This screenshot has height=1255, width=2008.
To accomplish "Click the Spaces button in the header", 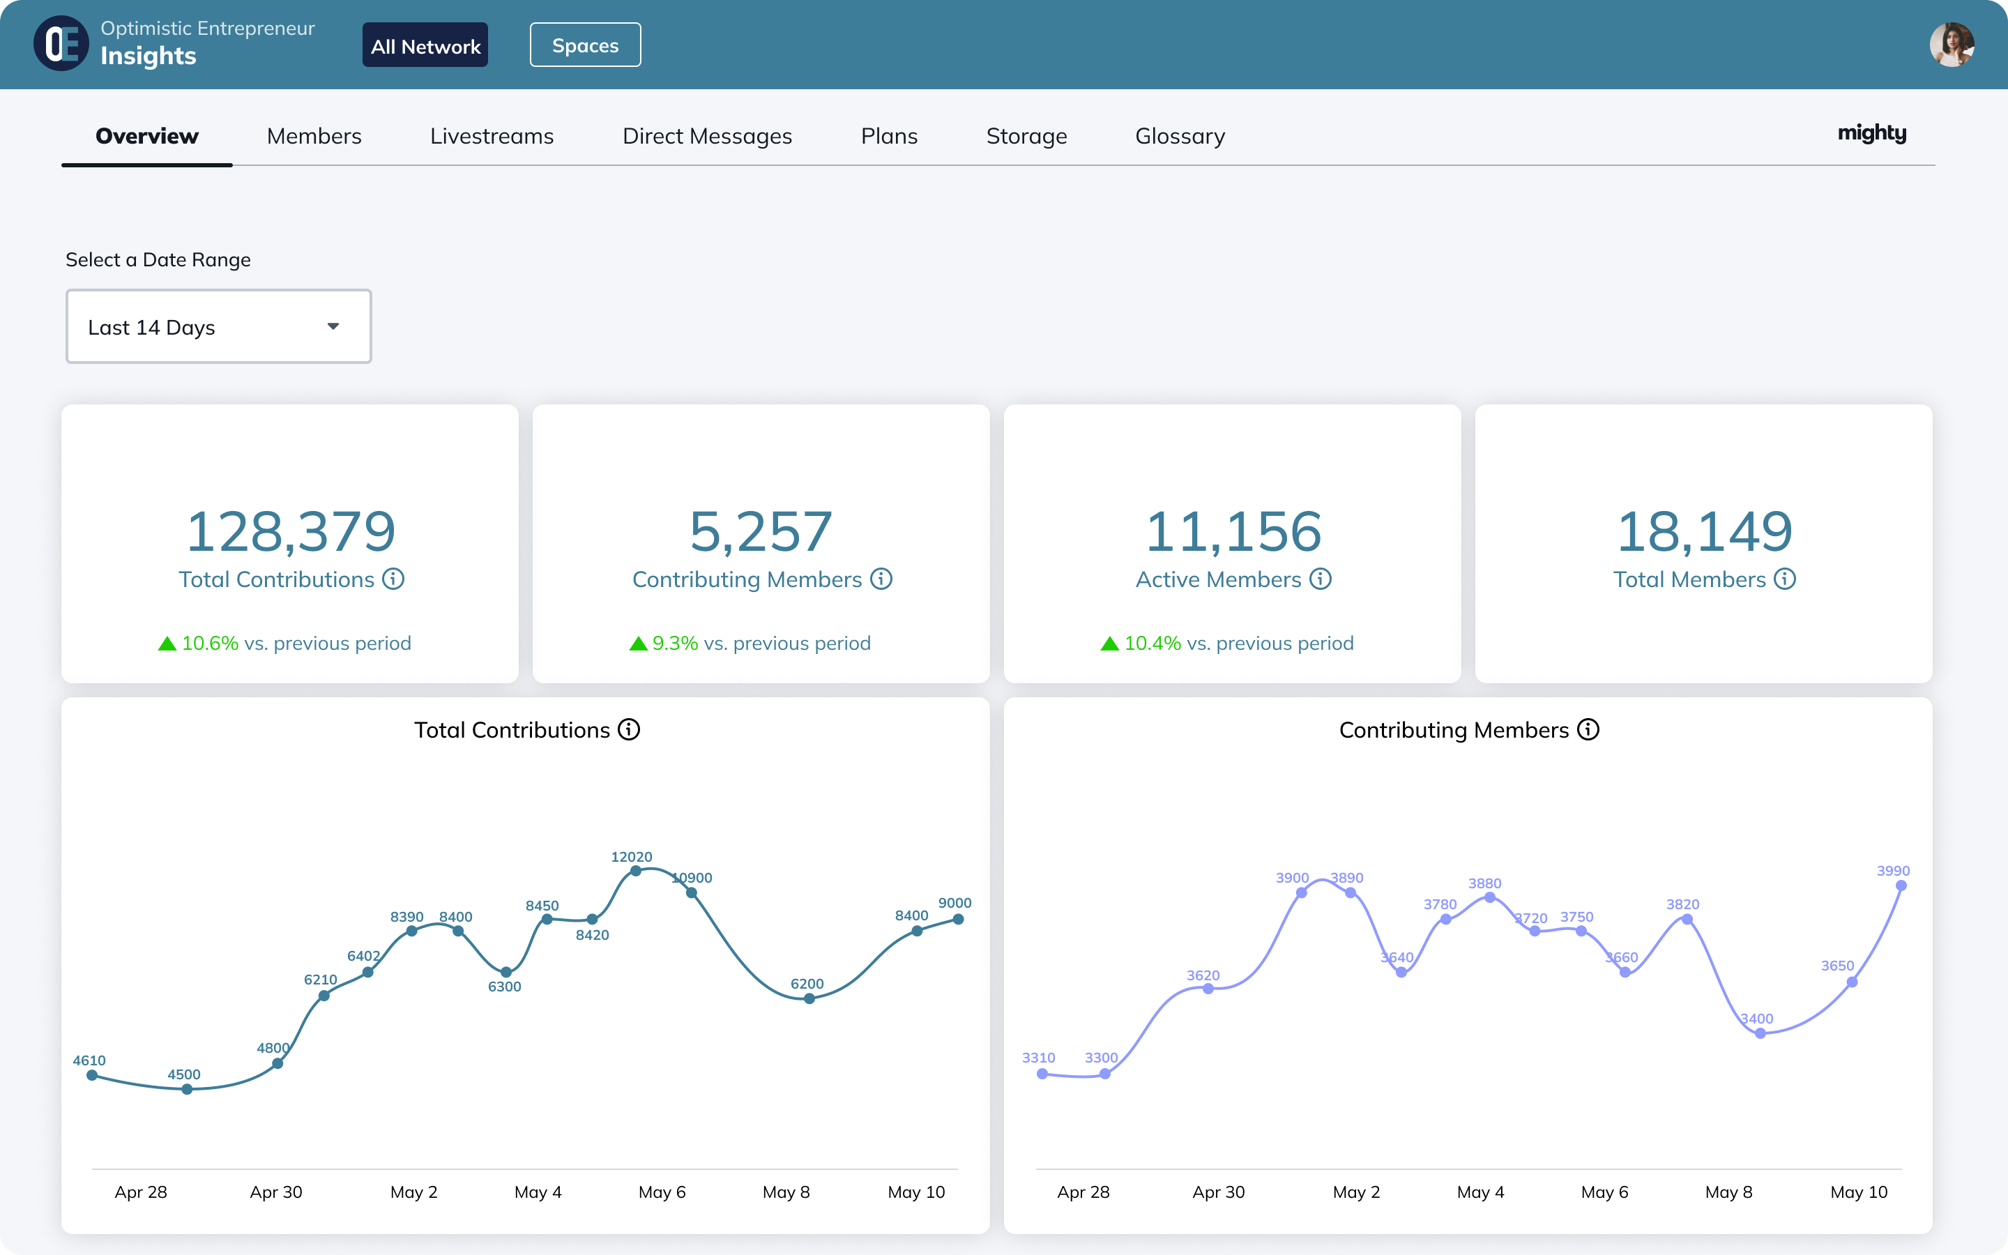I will point(585,45).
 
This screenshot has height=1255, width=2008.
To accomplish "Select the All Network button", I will point(425,45).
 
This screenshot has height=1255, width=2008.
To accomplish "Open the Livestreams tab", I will point(492,136).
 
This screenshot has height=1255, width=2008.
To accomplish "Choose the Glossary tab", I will point(1179,136).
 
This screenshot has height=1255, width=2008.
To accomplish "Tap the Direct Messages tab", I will point(707,136).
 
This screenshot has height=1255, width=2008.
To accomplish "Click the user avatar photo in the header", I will point(1951,45).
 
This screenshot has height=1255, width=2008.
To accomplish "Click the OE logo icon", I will point(61,44).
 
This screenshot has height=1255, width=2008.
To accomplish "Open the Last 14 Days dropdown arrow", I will point(333,326).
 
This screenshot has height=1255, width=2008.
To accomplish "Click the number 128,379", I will point(291,531).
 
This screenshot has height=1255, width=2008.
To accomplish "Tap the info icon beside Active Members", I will point(1320,579).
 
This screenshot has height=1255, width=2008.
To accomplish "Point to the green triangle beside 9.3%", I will point(638,644).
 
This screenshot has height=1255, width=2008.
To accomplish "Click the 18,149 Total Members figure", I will point(1703,531).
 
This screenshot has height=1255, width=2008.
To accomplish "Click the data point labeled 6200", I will point(809,998).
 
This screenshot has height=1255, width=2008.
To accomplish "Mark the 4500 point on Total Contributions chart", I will point(188,1089).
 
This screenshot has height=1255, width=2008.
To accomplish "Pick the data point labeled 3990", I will point(1901,885).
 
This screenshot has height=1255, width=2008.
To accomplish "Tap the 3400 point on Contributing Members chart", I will point(1760,1033).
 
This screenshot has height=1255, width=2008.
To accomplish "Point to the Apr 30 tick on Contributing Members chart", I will point(1218,1192).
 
